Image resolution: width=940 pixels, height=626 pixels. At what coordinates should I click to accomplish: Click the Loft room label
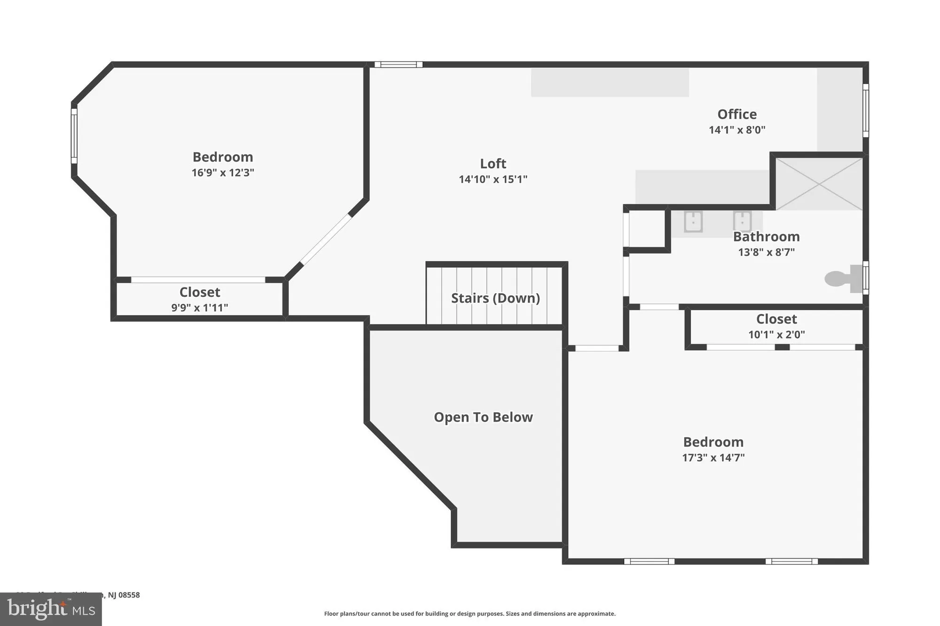click(493, 163)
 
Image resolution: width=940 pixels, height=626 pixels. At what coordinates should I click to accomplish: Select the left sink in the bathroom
click(693, 222)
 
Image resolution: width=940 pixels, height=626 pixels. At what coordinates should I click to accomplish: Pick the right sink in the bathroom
click(742, 221)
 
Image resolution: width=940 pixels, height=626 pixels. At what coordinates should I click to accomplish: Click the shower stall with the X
click(819, 184)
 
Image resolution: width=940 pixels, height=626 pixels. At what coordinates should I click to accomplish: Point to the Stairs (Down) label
click(495, 298)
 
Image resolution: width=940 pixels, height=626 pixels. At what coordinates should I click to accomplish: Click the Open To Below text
click(483, 417)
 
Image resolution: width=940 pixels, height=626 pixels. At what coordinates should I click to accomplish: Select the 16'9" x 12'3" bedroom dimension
click(222, 172)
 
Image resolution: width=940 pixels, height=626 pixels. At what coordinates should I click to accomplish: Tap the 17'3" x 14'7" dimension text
click(713, 457)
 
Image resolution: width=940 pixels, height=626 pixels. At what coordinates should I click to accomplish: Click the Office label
click(736, 114)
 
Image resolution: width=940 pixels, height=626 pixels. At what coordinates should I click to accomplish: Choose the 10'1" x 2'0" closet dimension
click(776, 334)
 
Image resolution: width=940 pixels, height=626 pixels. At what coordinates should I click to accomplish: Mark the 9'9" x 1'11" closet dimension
click(199, 308)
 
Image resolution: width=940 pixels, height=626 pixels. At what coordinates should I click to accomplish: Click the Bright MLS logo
click(51, 609)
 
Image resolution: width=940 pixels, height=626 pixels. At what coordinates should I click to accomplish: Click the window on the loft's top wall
click(398, 65)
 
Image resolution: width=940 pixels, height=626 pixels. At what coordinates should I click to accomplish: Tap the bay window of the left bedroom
click(74, 136)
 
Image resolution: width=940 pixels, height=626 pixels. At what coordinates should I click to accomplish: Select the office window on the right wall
click(865, 111)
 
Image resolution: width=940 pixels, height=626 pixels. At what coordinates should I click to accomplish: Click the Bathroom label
click(766, 237)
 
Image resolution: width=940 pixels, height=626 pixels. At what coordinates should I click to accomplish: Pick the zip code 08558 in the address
click(129, 595)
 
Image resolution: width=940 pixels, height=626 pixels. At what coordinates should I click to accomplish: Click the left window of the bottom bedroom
click(649, 561)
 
